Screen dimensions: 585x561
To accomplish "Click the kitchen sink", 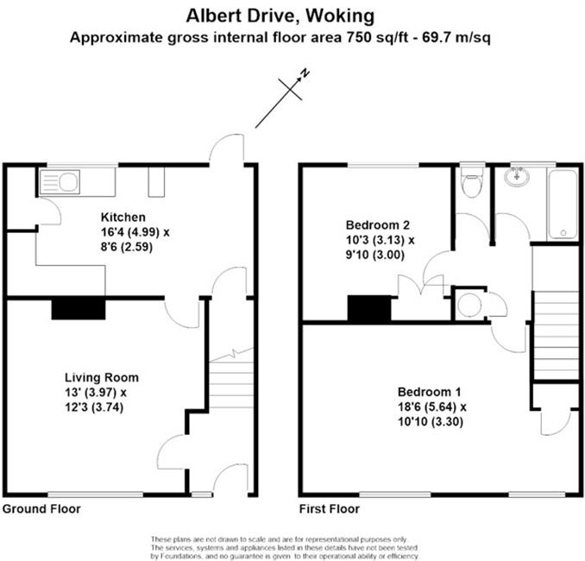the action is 60,182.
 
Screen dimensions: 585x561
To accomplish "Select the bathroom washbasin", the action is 517,176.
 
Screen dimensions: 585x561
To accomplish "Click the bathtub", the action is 563,205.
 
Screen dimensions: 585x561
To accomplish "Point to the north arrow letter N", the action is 305,73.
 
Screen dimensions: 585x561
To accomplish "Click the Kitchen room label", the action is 123,217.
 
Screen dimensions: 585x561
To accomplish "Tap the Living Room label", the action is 102,377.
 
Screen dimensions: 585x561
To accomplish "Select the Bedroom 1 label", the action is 429,392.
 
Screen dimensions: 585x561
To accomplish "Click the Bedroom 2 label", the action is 378,225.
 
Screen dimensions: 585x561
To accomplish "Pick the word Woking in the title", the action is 339,16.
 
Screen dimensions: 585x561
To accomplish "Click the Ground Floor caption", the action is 41,508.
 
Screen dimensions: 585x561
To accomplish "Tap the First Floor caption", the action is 330,508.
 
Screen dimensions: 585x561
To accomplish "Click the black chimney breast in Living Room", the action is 79,309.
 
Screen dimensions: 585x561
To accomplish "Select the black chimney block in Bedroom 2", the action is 369,308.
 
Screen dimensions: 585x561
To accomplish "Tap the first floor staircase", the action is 557,335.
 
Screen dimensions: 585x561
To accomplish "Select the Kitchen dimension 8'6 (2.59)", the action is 127,247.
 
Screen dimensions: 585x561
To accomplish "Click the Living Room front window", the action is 96,495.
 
